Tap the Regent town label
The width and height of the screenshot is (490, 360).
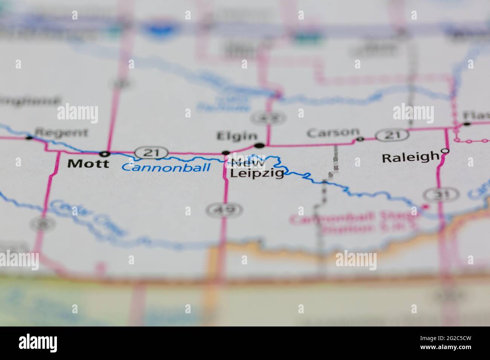click(x=61, y=133)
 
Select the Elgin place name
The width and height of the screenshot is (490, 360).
click(x=236, y=136)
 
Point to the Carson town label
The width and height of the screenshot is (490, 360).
click(x=333, y=133)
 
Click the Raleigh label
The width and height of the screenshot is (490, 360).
click(x=410, y=157)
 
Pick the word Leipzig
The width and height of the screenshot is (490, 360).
click(x=257, y=174)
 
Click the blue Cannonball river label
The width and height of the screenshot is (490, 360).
click(x=166, y=167)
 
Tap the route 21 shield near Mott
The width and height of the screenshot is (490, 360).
click(x=152, y=153)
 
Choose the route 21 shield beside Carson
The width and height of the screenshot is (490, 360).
click(x=392, y=134)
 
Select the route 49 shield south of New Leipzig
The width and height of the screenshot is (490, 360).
click(x=224, y=209)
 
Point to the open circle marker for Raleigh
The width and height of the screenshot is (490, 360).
click(x=445, y=151)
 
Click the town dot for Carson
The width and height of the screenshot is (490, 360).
click(x=360, y=139)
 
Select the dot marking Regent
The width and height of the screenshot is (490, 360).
click(x=29, y=138)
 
